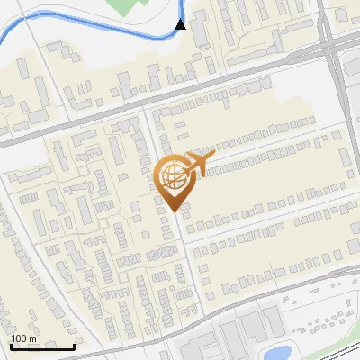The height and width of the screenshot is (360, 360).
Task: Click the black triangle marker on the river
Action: (181, 24)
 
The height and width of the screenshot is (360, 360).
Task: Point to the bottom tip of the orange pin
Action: (175, 211)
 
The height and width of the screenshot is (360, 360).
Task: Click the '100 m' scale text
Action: (24, 337)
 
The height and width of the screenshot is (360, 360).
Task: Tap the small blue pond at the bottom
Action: (280, 352)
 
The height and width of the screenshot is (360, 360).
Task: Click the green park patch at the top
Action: (127, 7)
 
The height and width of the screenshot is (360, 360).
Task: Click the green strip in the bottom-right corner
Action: (346, 346)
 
